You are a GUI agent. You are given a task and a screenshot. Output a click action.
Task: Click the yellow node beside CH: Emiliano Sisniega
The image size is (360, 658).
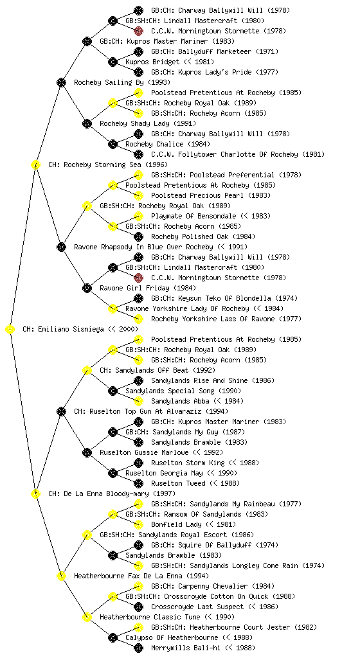tap(10, 329)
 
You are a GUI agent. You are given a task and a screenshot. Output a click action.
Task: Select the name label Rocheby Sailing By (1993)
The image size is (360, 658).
tap(122, 82)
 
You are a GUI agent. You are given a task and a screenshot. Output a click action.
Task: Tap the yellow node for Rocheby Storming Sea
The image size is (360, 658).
tap(35, 164)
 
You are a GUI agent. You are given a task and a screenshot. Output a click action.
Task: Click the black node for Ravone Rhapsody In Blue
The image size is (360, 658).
tap(61, 247)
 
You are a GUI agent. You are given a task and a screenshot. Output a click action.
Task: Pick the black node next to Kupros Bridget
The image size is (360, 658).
tap(113, 62)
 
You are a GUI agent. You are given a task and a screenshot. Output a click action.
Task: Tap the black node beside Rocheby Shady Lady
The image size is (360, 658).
tap(87, 123)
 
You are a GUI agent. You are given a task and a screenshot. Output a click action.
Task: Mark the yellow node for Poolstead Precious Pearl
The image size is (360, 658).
tap(138, 195)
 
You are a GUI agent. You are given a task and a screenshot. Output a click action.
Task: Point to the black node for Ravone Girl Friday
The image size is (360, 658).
tap(87, 288)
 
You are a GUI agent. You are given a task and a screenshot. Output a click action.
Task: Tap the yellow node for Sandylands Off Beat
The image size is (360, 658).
tap(87, 370)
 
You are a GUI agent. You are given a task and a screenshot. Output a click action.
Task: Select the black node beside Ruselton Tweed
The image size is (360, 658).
tap(138, 483)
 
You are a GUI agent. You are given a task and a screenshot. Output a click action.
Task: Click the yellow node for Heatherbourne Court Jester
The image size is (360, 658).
tap(138, 627)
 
